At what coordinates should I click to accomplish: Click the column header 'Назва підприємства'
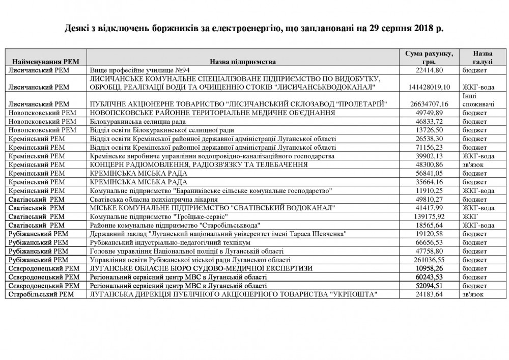243,62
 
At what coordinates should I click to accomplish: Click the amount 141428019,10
433,87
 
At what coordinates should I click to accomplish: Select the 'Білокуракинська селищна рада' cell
137,122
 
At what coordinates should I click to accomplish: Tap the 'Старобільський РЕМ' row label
44,295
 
